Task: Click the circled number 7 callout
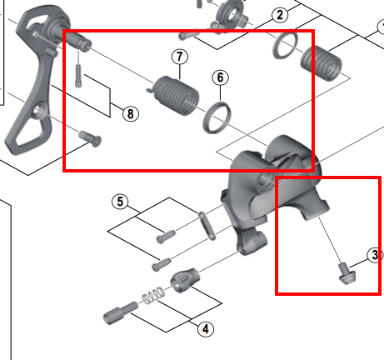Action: click(x=180, y=57)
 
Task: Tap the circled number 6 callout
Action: click(x=220, y=77)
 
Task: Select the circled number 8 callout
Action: click(x=131, y=114)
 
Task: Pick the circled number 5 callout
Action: click(x=120, y=202)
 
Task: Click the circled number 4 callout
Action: click(x=206, y=329)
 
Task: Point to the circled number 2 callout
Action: click(x=280, y=15)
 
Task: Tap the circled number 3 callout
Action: click(x=375, y=255)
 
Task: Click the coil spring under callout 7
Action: click(x=175, y=95)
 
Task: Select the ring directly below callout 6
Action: click(x=217, y=117)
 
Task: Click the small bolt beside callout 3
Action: click(x=347, y=274)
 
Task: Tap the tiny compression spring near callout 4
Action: click(x=152, y=296)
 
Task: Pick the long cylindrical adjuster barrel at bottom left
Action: click(x=120, y=313)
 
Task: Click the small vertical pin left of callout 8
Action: click(x=78, y=76)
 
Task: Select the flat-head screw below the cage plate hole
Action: click(x=90, y=138)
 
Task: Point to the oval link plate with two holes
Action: click(x=207, y=226)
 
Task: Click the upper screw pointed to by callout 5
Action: click(x=166, y=237)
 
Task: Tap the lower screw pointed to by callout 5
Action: click(x=162, y=264)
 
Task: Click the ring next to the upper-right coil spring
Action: click(x=286, y=46)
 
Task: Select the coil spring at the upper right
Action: click(x=322, y=63)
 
